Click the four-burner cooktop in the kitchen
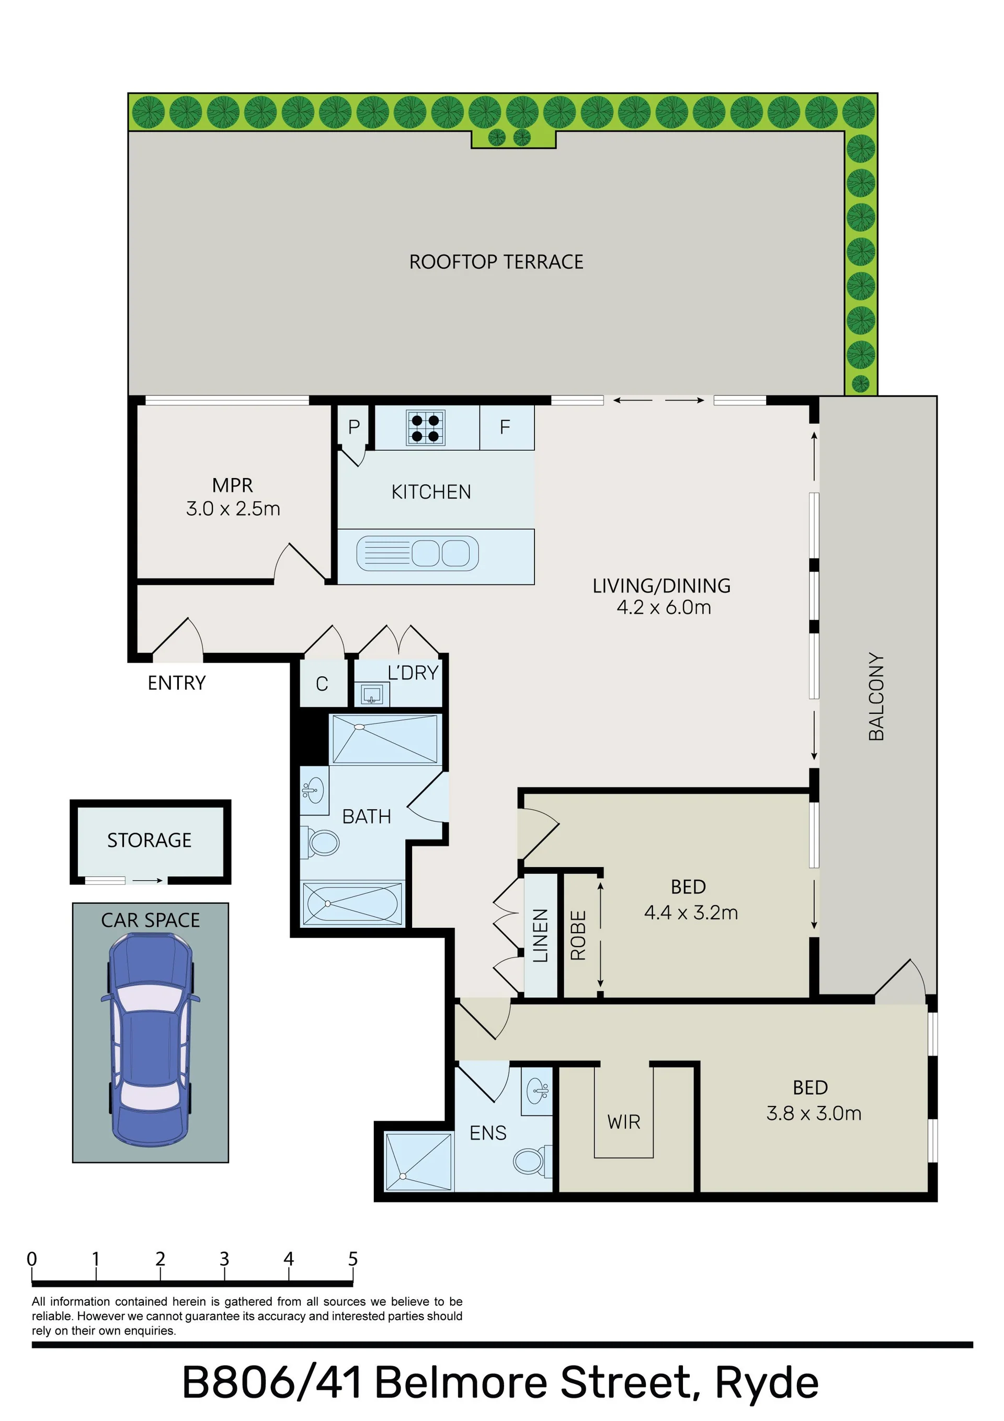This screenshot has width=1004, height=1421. click(426, 428)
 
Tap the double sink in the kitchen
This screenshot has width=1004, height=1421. click(417, 553)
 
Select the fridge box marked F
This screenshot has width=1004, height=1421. click(506, 427)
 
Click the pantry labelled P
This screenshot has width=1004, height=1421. click(354, 426)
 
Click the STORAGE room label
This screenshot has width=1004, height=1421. click(149, 840)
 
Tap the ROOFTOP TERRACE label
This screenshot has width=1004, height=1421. click(496, 262)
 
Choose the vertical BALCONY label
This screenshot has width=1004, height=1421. click(876, 696)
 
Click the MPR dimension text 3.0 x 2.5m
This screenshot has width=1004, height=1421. click(233, 509)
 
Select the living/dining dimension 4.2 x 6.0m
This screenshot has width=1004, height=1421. click(664, 607)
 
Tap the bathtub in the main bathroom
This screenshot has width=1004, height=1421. click(351, 904)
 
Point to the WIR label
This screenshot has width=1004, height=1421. click(623, 1121)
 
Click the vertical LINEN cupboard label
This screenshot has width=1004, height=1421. click(540, 935)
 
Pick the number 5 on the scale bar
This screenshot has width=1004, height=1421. click(353, 1258)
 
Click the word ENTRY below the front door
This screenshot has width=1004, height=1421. click(176, 683)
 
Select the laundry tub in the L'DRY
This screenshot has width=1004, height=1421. click(372, 695)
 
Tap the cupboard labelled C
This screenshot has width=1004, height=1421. click(323, 683)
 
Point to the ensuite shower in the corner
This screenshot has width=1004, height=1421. click(418, 1162)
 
